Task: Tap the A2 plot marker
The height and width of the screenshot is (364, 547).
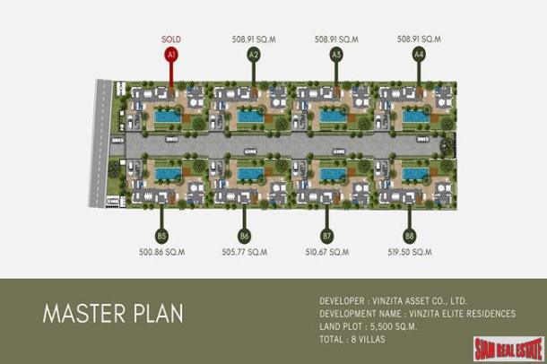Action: (254, 55)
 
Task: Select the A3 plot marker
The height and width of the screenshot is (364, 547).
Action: (336, 55)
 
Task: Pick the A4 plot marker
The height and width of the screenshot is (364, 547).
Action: (418, 55)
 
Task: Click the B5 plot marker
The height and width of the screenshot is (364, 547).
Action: (161, 237)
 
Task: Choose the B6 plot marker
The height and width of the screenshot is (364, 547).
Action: (244, 237)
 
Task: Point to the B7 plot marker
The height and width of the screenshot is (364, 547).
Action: (326, 237)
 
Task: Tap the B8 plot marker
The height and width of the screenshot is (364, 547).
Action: (409, 237)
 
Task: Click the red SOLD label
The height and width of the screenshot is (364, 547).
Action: (171, 39)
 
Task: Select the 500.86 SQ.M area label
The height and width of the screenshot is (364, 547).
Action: (161, 254)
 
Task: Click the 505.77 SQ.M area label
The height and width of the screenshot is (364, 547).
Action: (244, 254)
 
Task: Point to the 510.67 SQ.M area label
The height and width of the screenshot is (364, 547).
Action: (326, 254)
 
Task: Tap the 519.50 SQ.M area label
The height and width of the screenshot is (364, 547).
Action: (409, 254)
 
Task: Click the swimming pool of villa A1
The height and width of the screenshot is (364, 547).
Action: (167, 116)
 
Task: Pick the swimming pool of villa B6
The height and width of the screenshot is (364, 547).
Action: (249, 173)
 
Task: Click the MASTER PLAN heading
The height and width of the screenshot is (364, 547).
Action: (113, 314)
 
